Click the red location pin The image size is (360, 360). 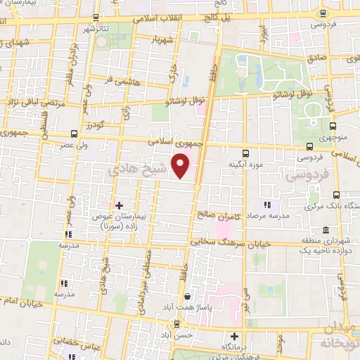pyautogui.click(x=182, y=166)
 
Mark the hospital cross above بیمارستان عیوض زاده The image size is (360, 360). pyautogui.click(x=118, y=205)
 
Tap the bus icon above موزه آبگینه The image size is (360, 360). pyautogui.click(x=245, y=152)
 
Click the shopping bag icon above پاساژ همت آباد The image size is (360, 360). pyautogui.click(x=176, y=325)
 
